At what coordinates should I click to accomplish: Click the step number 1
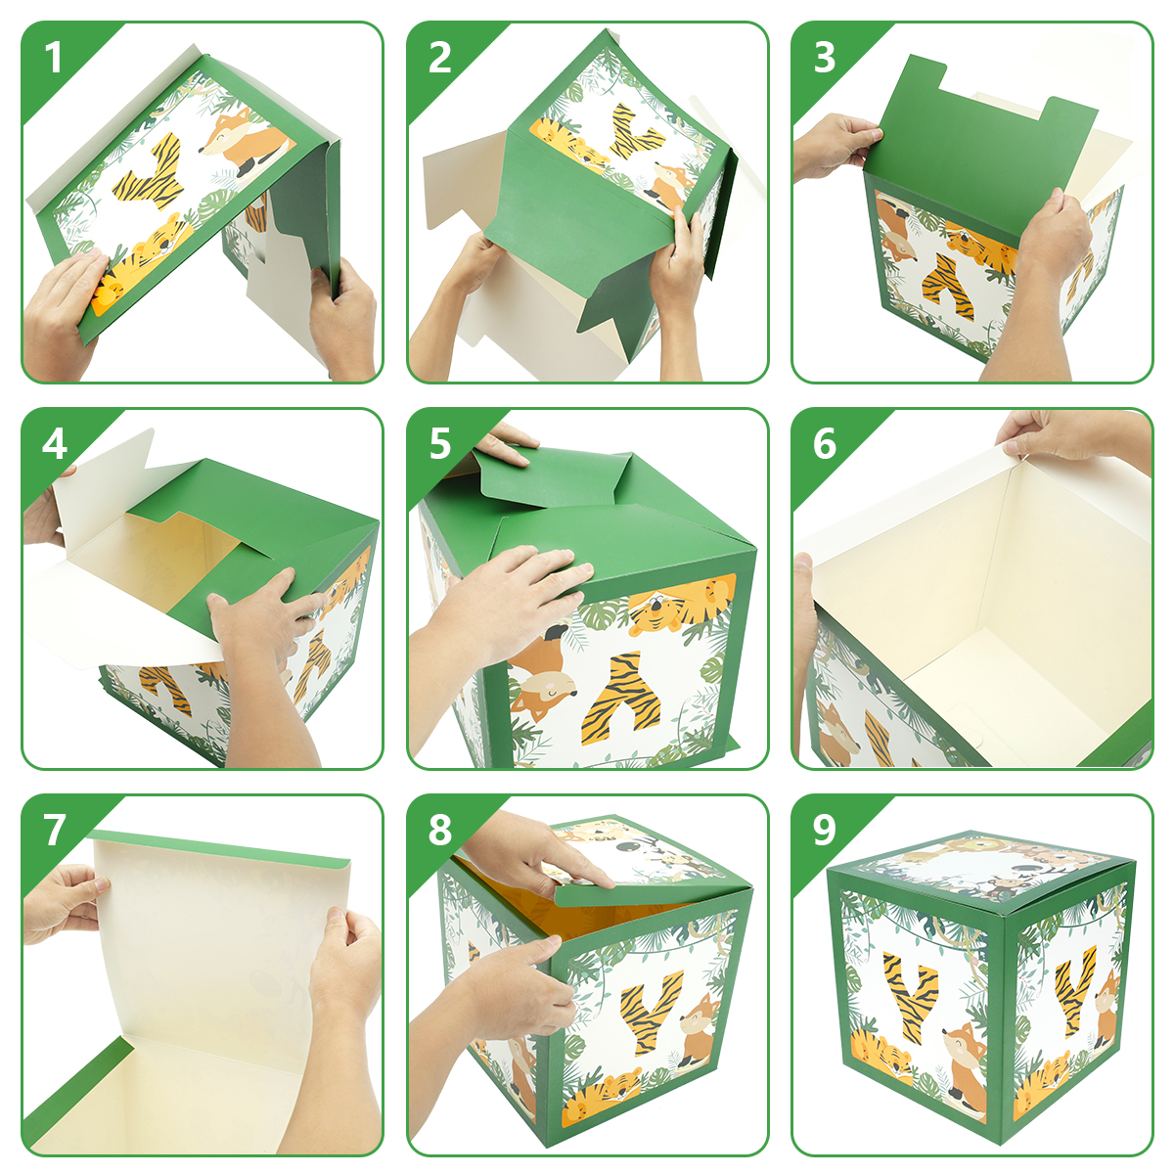click(x=54, y=59)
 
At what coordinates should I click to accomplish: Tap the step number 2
click(x=440, y=59)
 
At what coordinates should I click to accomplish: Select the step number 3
click(x=825, y=59)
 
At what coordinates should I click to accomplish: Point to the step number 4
click(x=54, y=444)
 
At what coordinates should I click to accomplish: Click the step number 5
click(x=440, y=444)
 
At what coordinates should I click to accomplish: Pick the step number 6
click(x=825, y=444)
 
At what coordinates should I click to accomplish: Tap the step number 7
click(x=54, y=830)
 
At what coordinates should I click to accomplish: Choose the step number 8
click(x=440, y=830)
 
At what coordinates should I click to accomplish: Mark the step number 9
click(x=825, y=830)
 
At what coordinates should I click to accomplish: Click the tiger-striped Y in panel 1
click(x=150, y=174)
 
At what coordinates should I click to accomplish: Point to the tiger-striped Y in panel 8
click(x=651, y=1014)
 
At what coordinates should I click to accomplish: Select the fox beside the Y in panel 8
click(x=699, y=1032)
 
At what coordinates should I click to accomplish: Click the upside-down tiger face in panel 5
click(x=677, y=603)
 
